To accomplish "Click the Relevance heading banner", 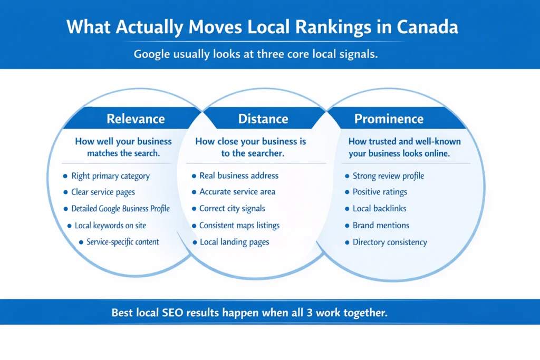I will click(136, 119).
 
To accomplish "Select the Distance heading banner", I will click(263, 119).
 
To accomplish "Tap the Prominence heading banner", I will click(389, 119).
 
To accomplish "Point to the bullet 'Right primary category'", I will click(110, 176).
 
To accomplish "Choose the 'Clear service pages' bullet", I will click(103, 192).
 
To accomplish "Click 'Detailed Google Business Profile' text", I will click(120, 209).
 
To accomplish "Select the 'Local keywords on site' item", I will click(110, 225).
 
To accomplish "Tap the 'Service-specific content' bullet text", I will click(123, 242).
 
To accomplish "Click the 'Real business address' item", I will click(239, 176).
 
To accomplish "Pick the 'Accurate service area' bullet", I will click(237, 192).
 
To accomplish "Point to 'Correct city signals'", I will click(232, 208).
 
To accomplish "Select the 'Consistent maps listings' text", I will click(239, 225).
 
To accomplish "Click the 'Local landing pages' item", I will click(234, 242).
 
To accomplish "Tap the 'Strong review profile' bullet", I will click(388, 176).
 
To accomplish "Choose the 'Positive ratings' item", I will click(380, 192).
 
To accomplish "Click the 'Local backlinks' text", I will click(379, 208).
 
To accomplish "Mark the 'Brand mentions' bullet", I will click(381, 225).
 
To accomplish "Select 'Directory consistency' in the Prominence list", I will click(390, 242).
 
